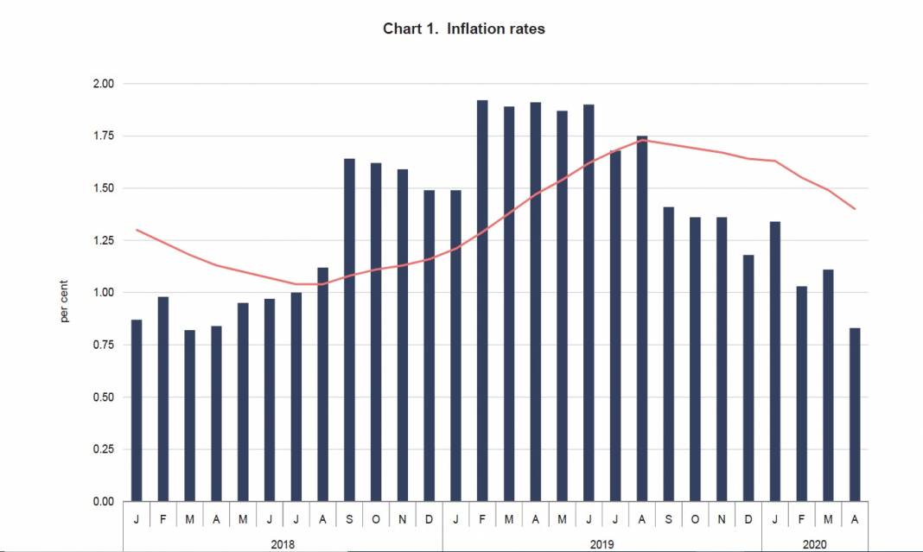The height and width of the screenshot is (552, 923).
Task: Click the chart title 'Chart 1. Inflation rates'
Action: [x=463, y=29]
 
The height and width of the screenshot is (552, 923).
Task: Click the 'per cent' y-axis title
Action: [x=65, y=301]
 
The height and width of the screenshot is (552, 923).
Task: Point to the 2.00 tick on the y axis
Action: [x=103, y=84]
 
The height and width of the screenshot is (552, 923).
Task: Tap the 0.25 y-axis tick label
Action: [x=103, y=449]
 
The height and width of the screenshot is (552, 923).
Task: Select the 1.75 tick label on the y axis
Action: [x=103, y=136]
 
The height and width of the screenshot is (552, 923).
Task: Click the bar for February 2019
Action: [x=482, y=301]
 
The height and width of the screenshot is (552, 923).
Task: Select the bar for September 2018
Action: [x=349, y=330]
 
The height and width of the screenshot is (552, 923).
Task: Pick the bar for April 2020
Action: [x=855, y=415]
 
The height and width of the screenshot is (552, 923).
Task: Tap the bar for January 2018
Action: [x=137, y=410]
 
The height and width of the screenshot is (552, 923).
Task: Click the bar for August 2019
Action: [x=641, y=318]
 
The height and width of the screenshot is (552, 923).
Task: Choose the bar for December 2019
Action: [x=748, y=378]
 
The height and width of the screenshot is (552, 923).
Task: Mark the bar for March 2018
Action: [x=189, y=416]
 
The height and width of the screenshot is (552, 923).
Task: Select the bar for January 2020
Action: [x=774, y=361]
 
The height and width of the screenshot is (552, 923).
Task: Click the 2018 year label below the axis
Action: [x=283, y=545]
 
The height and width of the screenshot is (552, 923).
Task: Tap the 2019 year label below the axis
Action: [x=602, y=545]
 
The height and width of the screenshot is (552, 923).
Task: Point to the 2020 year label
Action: [x=814, y=545]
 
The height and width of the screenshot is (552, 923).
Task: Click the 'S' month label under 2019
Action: [x=668, y=519]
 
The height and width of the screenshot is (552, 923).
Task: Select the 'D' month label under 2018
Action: [x=429, y=519]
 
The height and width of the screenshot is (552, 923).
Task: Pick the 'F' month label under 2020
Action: [x=801, y=519]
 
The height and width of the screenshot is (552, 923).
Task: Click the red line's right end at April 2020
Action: [x=855, y=208]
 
